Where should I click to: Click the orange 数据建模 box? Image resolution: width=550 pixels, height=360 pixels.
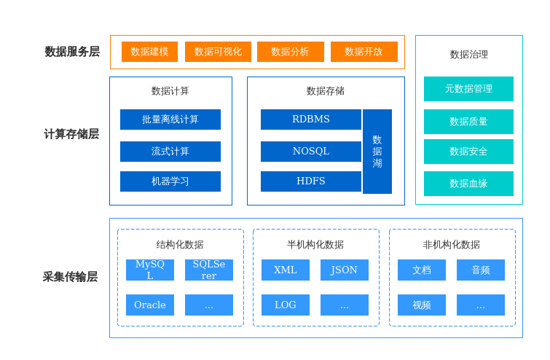click(149, 52)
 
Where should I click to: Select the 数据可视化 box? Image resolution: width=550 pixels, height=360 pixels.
click(218, 52)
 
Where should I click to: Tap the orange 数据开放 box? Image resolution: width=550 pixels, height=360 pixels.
click(364, 52)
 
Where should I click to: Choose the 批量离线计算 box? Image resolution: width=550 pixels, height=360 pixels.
click(170, 120)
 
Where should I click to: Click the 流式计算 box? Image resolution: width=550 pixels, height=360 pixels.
click(170, 152)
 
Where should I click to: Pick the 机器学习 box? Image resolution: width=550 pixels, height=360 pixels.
click(170, 181)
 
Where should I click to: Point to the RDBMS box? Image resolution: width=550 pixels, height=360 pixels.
click(311, 120)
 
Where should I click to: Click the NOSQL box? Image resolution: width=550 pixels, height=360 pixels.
click(311, 152)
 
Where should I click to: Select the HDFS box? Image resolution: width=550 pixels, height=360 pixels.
click(311, 181)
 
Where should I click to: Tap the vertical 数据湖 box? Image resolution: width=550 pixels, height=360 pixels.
click(377, 152)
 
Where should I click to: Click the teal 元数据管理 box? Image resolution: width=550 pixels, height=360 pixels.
click(468, 89)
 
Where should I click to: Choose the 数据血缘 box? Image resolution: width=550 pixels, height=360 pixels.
click(468, 184)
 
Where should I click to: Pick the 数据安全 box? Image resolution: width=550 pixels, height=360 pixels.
click(468, 152)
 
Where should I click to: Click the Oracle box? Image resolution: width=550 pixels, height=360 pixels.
click(150, 305)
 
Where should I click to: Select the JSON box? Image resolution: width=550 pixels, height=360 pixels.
click(345, 270)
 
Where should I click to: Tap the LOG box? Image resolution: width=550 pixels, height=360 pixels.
click(286, 305)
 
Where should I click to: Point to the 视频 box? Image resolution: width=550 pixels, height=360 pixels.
click(422, 305)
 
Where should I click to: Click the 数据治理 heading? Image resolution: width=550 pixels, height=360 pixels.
click(469, 55)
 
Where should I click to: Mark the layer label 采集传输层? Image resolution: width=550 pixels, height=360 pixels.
click(70, 277)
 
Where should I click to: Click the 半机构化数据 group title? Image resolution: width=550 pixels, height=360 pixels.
click(315, 245)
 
